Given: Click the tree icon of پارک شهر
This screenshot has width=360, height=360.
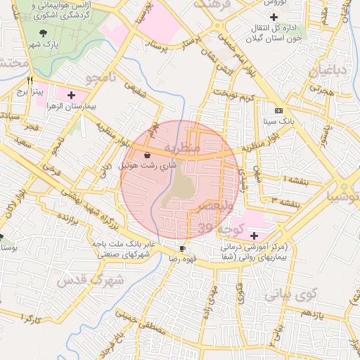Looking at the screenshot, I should click(44, 33).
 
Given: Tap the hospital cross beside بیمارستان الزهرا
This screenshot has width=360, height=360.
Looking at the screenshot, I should click(71, 94).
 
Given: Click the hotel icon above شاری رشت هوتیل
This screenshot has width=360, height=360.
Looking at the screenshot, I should click(147, 155).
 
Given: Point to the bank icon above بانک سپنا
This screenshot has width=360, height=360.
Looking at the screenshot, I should click(279, 110).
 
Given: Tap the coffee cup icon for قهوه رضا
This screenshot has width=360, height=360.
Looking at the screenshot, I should click(183, 248).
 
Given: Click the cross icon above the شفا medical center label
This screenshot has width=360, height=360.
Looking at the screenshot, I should click(254, 234).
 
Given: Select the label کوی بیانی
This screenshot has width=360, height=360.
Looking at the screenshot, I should click(292, 293).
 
